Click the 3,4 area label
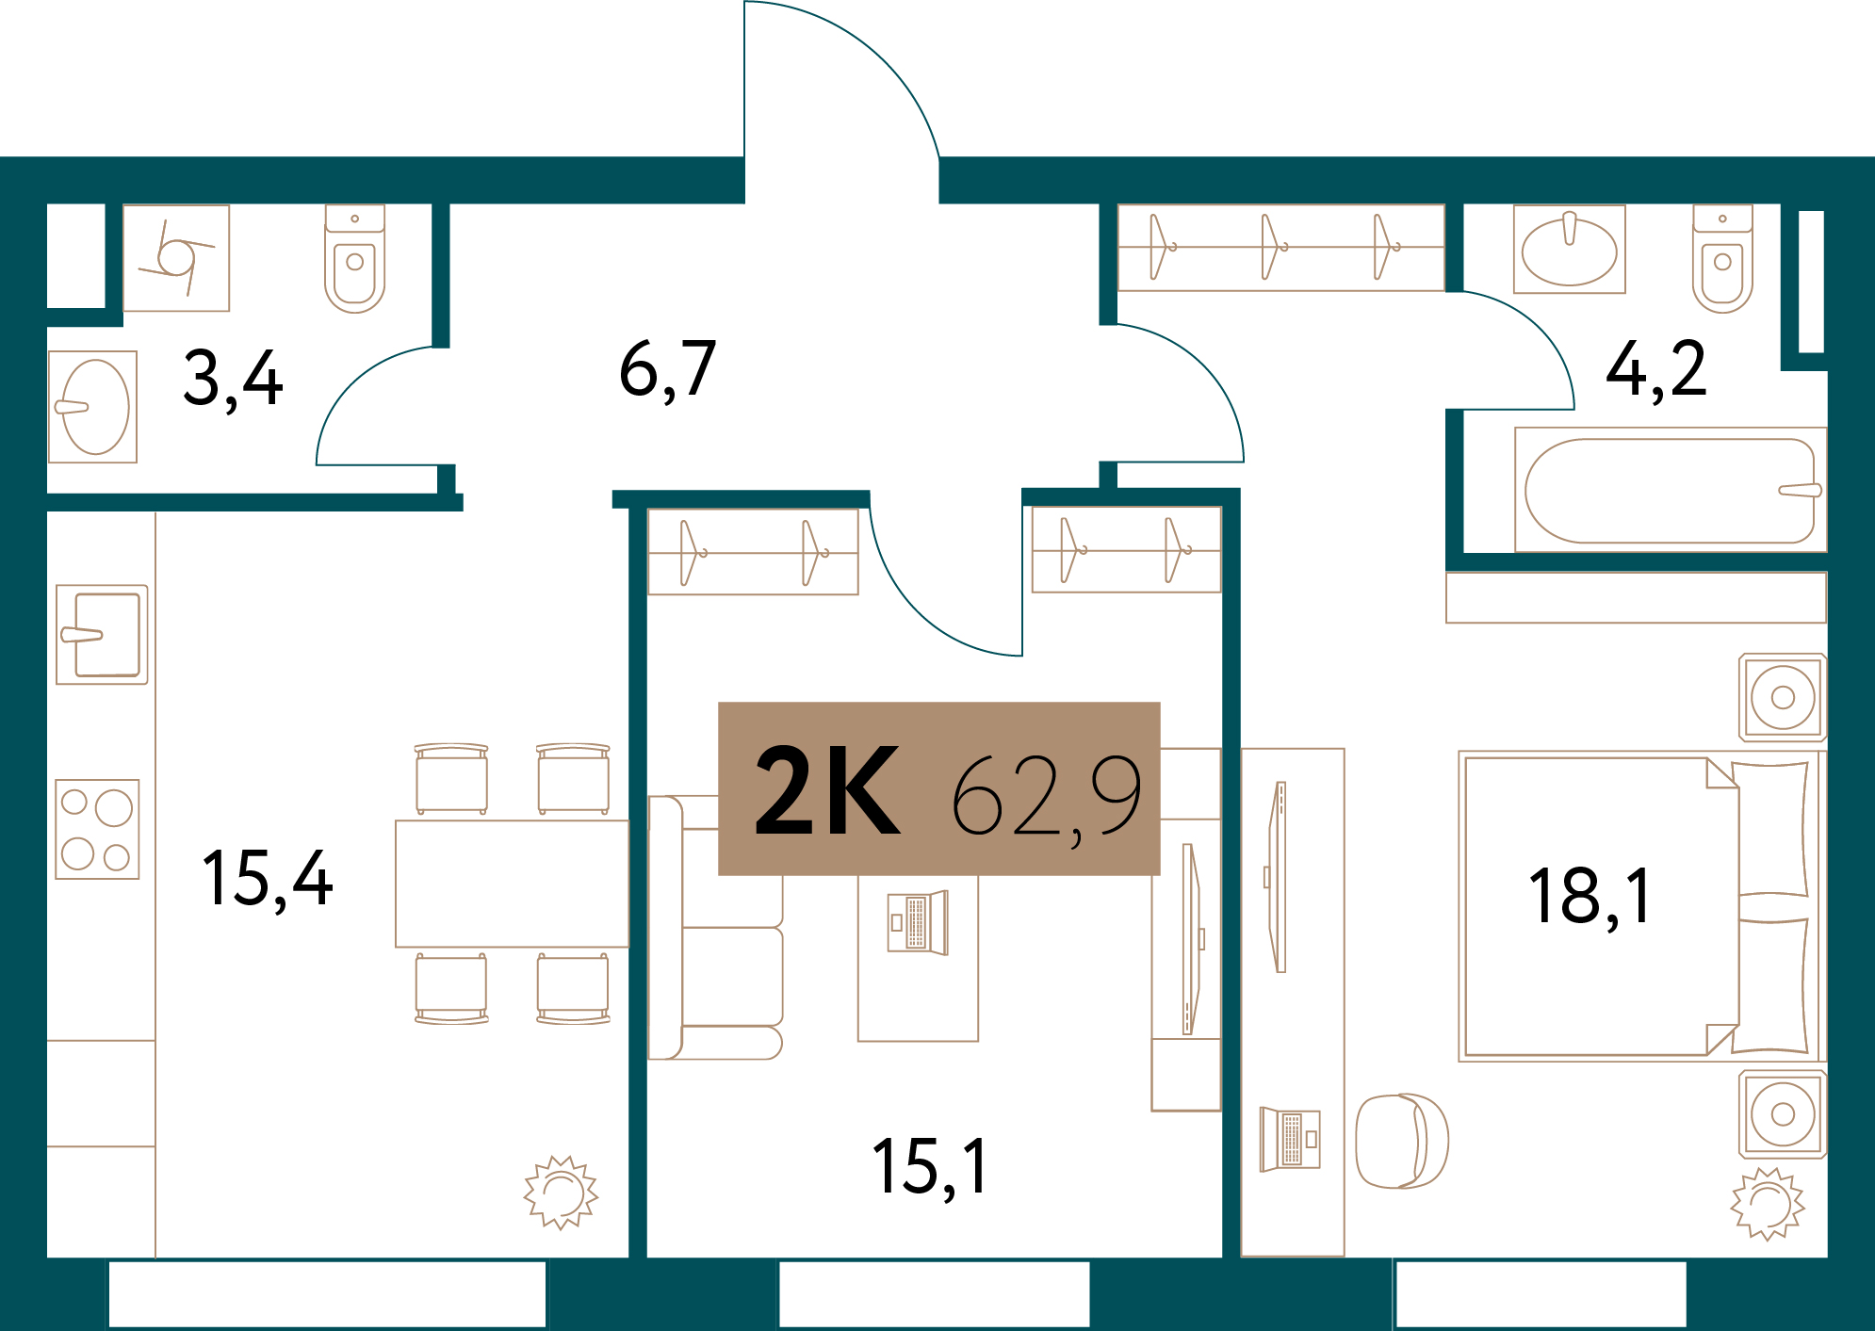(233, 379)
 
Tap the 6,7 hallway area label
(667, 370)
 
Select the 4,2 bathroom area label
(1655, 370)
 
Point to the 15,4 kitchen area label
(268, 879)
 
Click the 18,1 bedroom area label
(1590, 897)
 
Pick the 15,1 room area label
(930, 1167)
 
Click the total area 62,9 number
(1046, 797)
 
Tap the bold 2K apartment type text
(827, 791)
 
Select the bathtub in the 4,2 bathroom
(1670, 491)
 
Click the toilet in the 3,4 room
(355, 259)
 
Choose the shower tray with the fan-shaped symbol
(176, 258)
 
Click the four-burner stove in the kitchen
(97, 829)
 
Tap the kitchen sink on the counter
(102, 635)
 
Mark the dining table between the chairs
(512, 884)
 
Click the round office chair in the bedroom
(1401, 1141)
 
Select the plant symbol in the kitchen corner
(562, 1193)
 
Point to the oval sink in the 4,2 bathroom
(1569, 250)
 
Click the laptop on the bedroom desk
(1290, 1139)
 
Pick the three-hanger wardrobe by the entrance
(1280, 248)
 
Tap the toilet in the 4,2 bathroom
(1722, 259)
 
